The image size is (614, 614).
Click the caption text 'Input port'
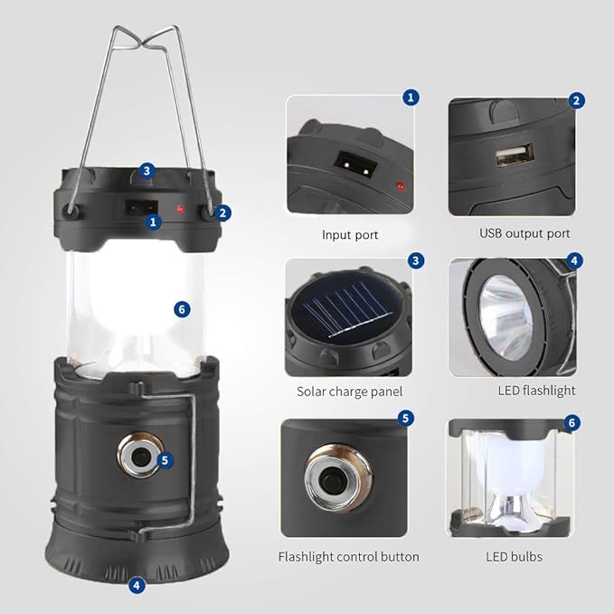point(350,235)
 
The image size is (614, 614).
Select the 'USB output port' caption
point(524,233)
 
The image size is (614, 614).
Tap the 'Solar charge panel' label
point(350,392)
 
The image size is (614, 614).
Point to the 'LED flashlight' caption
point(536,391)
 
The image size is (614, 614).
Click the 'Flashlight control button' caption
point(348,557)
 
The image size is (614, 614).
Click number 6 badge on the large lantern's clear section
point(183,308)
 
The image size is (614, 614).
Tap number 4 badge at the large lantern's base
point(137,585)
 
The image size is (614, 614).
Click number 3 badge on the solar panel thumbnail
point(415,260)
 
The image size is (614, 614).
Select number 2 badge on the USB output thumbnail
point(576,100)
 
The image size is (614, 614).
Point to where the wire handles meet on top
point(146,43)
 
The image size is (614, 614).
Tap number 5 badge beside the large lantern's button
point(164,459)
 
